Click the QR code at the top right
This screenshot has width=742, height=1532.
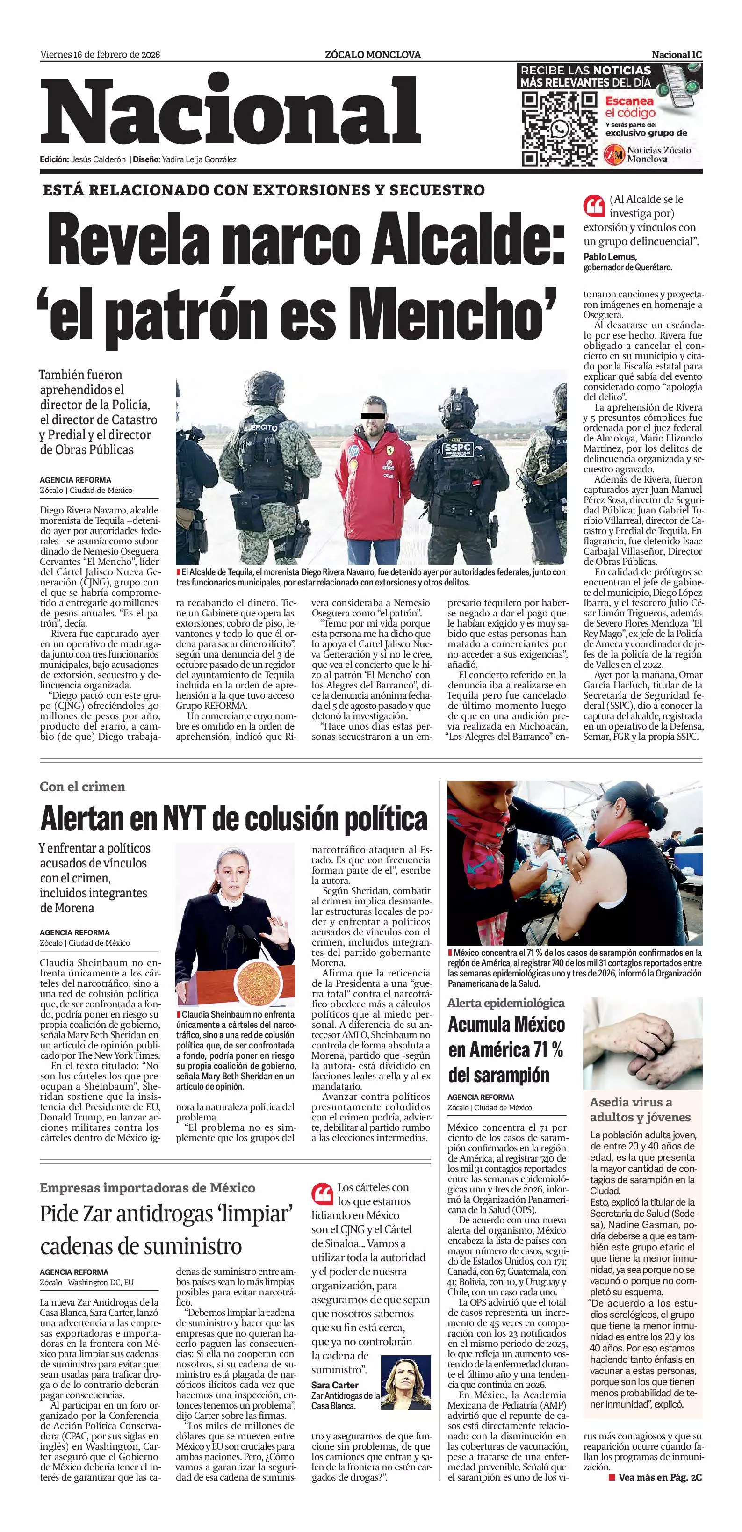[x=559, y=129]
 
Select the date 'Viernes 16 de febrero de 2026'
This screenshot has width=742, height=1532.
[x=100, y=55]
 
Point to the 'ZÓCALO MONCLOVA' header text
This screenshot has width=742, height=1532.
[x=373, y=55]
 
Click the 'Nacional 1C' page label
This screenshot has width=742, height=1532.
[x=677, y=55]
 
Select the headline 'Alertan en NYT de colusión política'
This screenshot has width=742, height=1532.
[x=234, y=819]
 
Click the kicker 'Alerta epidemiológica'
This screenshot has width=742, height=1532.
[x=505, y=1003]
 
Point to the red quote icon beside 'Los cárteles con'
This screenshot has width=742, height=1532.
[x=322, y=1193]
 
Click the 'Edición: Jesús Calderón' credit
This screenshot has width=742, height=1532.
[x=83, y=159]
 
